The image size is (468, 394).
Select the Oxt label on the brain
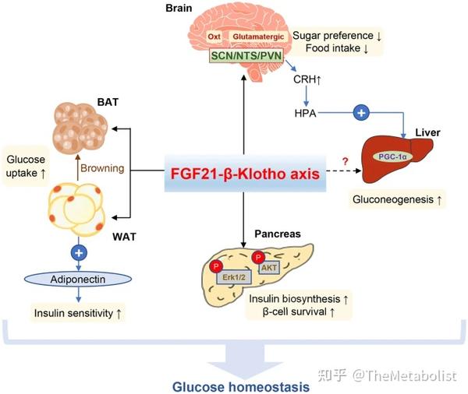(x=214, y=36)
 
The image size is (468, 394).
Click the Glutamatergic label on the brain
(x=258, y=36)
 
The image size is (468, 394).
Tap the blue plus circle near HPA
(x=360, y=113)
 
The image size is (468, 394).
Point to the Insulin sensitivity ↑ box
(x=76, y=314)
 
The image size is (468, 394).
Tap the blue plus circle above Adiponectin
(x=78, y=252)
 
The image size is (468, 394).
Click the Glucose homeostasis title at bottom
(x=234, y=383)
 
